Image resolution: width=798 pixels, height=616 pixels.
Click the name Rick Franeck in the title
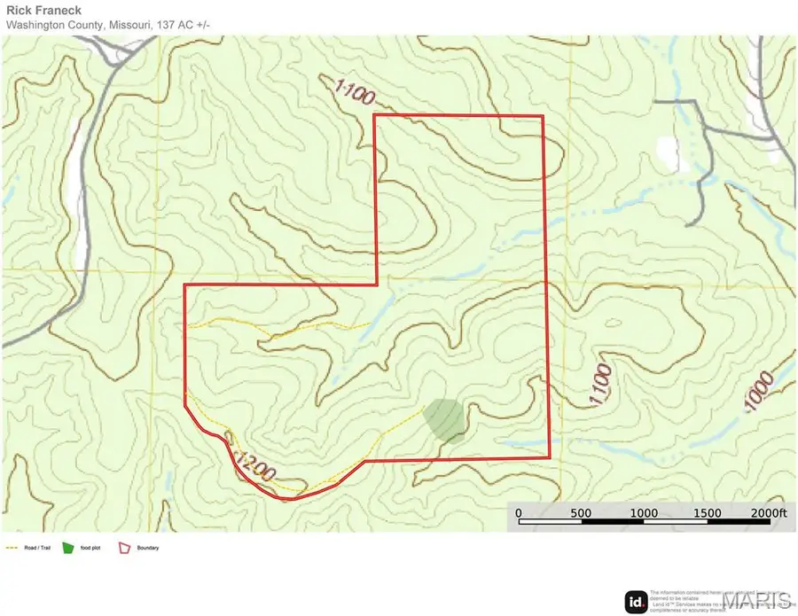click(43, 11)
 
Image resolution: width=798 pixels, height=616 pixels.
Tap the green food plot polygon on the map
click(444, 419)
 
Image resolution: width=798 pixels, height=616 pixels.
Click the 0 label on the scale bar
click(519, 513)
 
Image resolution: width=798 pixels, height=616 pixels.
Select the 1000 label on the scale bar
click(644, 513)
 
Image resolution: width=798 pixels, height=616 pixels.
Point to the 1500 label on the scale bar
click(707, 513)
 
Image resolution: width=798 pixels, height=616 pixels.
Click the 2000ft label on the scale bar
click(767, 513)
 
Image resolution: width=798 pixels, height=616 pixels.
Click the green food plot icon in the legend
click(71, 548)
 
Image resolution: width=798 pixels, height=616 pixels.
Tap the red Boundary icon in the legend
click(124, 548)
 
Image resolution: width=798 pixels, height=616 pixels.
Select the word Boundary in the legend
click(148, 549)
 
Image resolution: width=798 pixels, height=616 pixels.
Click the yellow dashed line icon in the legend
click(12, 549)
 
